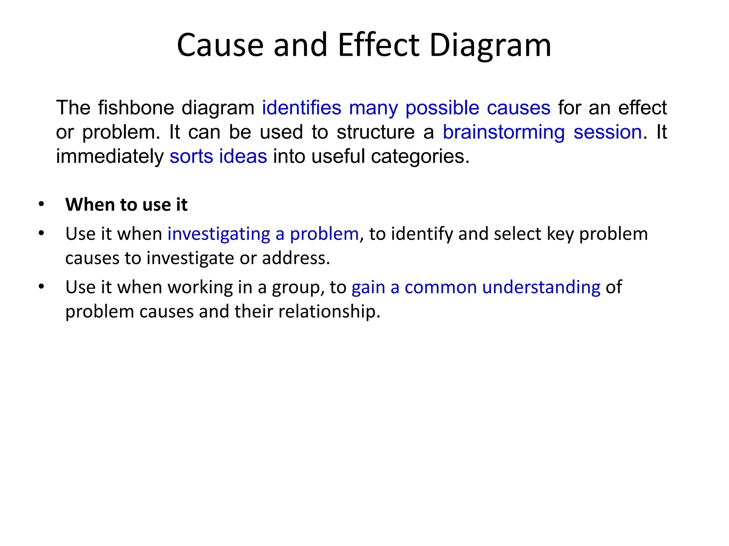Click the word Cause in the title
tap(220, 45)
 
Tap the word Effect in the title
tap(378, 45)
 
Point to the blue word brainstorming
tap(504, 132)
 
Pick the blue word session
tap(608, 132)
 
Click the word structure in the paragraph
tap(376, 132)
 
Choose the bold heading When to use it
tap(126, 205)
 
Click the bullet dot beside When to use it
tap(41, 204)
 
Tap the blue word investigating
tap(219, 234)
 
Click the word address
tap(296, 258)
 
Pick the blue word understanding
tap(541, 287)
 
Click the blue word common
tap(441, 287)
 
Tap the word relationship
tap(329, 312)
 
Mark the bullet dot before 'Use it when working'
tap(41, 286)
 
